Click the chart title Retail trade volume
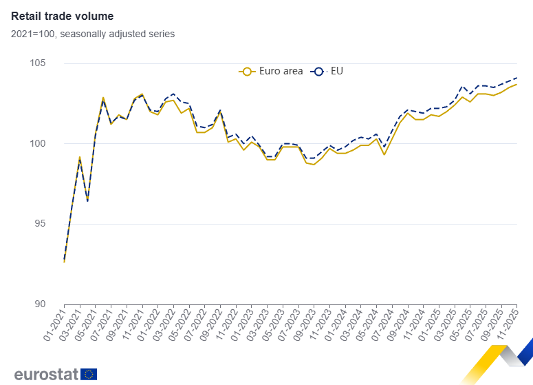63,16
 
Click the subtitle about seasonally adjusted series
93,34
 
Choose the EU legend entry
329,71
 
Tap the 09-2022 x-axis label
209,324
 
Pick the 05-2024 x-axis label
365,324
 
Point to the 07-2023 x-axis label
287,324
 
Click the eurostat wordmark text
45,374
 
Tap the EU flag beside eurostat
89,374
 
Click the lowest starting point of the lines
64,262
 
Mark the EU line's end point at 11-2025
516,78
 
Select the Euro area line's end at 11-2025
516,84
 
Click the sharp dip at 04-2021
87,200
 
